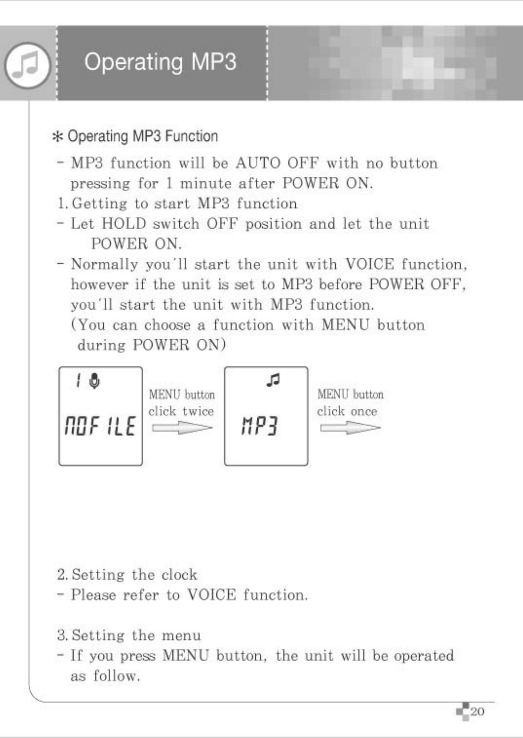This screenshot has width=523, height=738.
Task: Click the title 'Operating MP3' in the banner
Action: point(160,62)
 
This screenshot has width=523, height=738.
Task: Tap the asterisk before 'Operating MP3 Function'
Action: point(58,137)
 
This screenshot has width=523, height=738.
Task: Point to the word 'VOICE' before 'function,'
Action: point(370,264)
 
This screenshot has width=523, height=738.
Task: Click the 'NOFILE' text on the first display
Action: point(100,426)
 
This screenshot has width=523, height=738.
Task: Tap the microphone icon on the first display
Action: point(94,381)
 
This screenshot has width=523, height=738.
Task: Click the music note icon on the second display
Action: point(273,380)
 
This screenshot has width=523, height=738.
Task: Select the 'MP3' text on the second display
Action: point(259,426)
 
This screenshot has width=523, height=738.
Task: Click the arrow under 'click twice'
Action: point(182,428)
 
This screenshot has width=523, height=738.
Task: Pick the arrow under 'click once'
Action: point(350,428)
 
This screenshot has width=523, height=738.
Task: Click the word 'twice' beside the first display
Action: point(198,412)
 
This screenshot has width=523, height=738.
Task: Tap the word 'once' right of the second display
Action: point(364,412)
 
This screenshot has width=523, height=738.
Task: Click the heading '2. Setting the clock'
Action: point(127,575)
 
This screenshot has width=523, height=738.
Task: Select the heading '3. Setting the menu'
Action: point(129,636)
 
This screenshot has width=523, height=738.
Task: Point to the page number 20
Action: point(477,712)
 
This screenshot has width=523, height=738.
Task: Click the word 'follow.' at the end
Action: point(116,676)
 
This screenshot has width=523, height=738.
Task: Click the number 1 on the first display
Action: point(78,380)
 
